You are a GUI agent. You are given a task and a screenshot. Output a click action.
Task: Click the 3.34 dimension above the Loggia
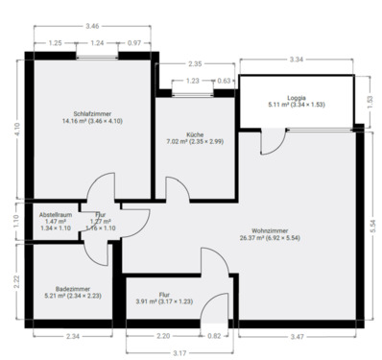coord(297,60)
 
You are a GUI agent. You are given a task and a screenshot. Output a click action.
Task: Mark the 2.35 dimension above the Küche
coord(195,64)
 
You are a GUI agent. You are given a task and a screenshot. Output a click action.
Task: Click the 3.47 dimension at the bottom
coord(296,336)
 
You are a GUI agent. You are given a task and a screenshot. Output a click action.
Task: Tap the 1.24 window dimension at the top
coord(97,43)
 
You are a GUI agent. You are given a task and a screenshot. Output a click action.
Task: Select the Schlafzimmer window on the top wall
coord(97,55)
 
